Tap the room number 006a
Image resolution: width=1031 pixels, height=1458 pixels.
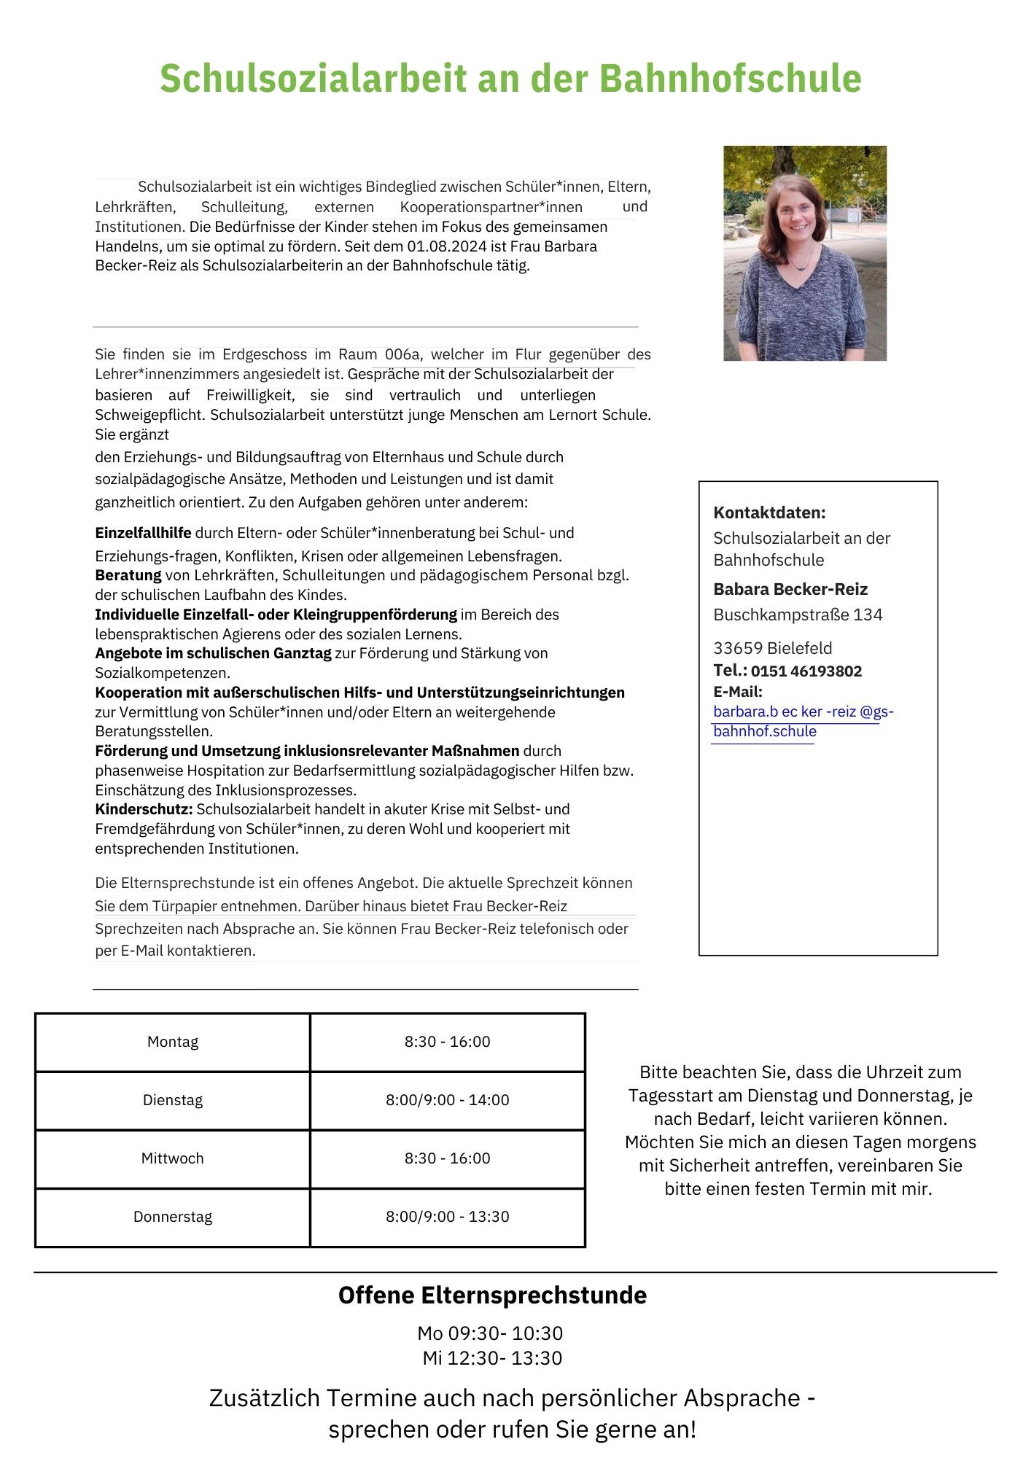point(402,355)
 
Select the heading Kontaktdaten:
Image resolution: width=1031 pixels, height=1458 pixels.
point(769,512)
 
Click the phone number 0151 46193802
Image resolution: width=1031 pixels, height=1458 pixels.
point(806,671)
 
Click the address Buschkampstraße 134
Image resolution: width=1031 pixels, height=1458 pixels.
point(798,615)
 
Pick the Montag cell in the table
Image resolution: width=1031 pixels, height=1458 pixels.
point(173,1042)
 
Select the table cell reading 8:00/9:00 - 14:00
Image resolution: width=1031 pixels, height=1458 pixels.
point(447,1100)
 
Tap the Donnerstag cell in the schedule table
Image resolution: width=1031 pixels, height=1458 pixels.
point(173,1217)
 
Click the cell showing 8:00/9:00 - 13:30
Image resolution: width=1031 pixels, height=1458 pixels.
point(447,1217)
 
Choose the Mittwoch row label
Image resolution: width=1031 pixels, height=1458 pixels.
point(173,1158)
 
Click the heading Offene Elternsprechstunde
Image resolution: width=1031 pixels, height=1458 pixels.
point(492,1295)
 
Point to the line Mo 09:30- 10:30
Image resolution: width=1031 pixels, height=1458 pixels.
point(490,1333)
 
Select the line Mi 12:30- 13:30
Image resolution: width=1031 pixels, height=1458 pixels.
point(492,1358)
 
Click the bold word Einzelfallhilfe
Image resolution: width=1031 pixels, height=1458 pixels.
point(143,533)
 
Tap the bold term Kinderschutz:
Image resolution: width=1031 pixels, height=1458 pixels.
point(144,809)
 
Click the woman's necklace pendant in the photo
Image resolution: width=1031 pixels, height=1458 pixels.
point(802,268)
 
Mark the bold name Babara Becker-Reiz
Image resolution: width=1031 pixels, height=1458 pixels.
point(790,589)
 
